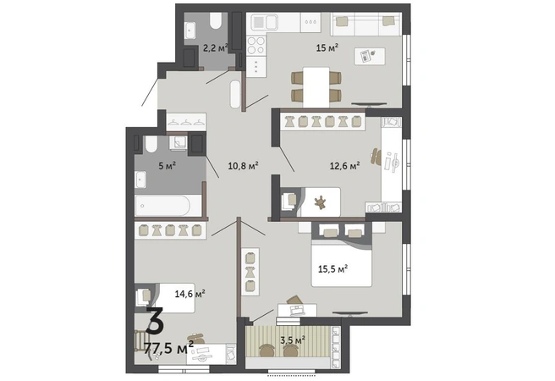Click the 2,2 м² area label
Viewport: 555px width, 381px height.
215,47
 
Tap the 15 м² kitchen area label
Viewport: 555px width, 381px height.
327,47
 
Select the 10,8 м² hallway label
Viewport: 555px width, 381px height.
243,165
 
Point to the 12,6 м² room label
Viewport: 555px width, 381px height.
344,165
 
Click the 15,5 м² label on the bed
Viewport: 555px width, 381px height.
332,269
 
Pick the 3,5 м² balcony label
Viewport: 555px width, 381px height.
293,340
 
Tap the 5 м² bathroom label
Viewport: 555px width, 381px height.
168,165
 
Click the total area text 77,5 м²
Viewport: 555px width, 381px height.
169,348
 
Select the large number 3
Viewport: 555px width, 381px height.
155,321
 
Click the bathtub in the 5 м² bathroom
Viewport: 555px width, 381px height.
163,206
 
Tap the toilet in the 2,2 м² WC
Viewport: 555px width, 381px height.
215,20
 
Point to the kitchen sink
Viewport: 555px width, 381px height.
264,22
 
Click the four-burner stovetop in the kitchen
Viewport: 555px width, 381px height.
256,46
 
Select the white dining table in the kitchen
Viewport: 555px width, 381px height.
316,87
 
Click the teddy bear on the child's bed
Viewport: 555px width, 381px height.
321,202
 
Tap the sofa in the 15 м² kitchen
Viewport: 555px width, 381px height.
366,24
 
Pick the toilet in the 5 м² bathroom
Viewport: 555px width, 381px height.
151,145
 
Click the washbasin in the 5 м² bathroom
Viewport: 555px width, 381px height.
140,179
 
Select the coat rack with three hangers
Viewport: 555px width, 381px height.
186,122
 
